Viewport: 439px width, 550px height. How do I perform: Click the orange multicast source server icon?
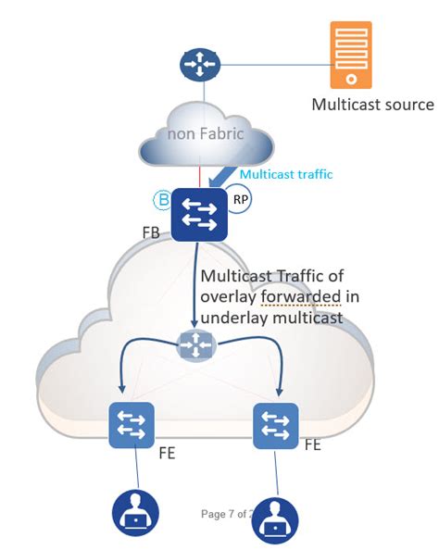coord(350,55)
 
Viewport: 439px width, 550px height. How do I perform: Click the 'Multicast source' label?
coord(372,105)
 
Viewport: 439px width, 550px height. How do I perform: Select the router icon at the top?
coord(199,66)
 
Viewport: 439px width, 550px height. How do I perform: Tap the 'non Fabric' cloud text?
coord(205,133)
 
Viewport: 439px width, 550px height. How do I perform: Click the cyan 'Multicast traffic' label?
coord(285,173)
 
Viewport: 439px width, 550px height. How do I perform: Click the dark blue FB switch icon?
coord(199,214)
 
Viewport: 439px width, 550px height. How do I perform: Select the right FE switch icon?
coord(275,426)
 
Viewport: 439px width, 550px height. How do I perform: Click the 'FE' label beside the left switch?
coord(167,453)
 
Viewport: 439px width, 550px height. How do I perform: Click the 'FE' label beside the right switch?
coord(314,445)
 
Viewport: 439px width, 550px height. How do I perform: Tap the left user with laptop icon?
coord(135,514)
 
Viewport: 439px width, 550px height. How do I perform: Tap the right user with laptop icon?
coord(275,522)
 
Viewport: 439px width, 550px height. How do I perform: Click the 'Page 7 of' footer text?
coord(224,513)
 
